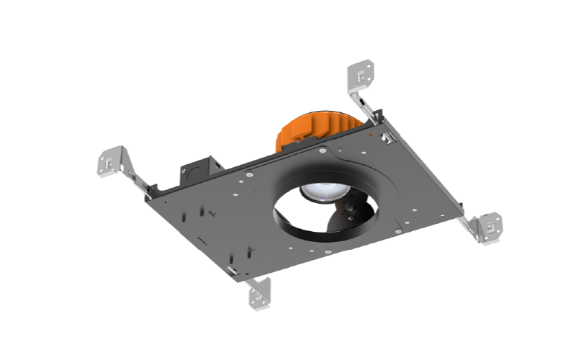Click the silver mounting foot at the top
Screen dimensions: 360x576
[x=361, y=74]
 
